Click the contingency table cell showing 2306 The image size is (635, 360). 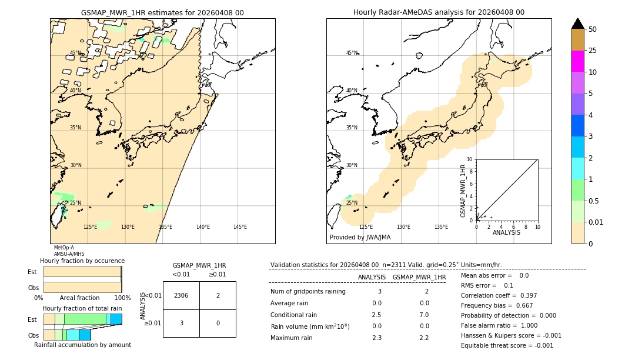point(181,296)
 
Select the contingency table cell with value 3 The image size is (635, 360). point(181,323)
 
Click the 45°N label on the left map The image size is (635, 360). point(75,53)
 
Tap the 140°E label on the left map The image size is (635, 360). point(203,227)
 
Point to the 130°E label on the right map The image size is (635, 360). point(403,227)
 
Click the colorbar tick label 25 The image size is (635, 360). point(593,51)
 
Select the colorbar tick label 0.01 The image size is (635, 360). point(597,222)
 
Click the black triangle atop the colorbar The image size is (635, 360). point(578,24)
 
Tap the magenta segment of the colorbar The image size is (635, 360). point(578,61)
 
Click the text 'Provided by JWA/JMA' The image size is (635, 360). point(360,238)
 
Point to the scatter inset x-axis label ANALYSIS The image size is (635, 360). point(506,232)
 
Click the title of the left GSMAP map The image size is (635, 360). point(162,12)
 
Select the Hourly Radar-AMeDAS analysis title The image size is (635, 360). point(439,12)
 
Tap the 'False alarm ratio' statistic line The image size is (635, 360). point(507,325)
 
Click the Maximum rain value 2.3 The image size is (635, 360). point(376,338)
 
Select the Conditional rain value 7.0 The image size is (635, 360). point(424,315)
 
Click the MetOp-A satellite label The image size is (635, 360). point(63,248)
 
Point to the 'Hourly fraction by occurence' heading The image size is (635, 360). point(82,261)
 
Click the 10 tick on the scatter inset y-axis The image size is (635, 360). point(469,159)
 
